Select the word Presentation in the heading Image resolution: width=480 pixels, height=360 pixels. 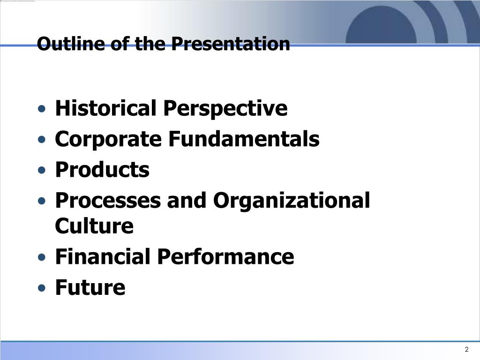231,44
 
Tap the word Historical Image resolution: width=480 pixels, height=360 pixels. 106,108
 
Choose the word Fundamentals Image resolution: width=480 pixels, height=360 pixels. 244,139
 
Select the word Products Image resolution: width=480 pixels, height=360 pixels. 102,169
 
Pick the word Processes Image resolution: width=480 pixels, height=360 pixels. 108,201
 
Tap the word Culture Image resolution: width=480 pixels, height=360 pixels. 94,225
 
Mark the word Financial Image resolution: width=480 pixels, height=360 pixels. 104,256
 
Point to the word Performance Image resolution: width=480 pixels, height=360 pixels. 226,256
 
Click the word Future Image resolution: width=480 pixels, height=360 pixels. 90,287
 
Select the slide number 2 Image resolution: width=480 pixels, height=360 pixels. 466,349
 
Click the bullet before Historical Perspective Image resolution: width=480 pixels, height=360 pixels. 42,109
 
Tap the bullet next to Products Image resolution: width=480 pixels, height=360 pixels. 42,170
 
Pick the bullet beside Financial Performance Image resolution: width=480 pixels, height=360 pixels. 42,257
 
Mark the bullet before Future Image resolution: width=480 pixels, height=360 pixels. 42,288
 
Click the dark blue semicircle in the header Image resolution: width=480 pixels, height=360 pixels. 381,26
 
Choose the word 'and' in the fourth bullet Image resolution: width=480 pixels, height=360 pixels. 187,200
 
